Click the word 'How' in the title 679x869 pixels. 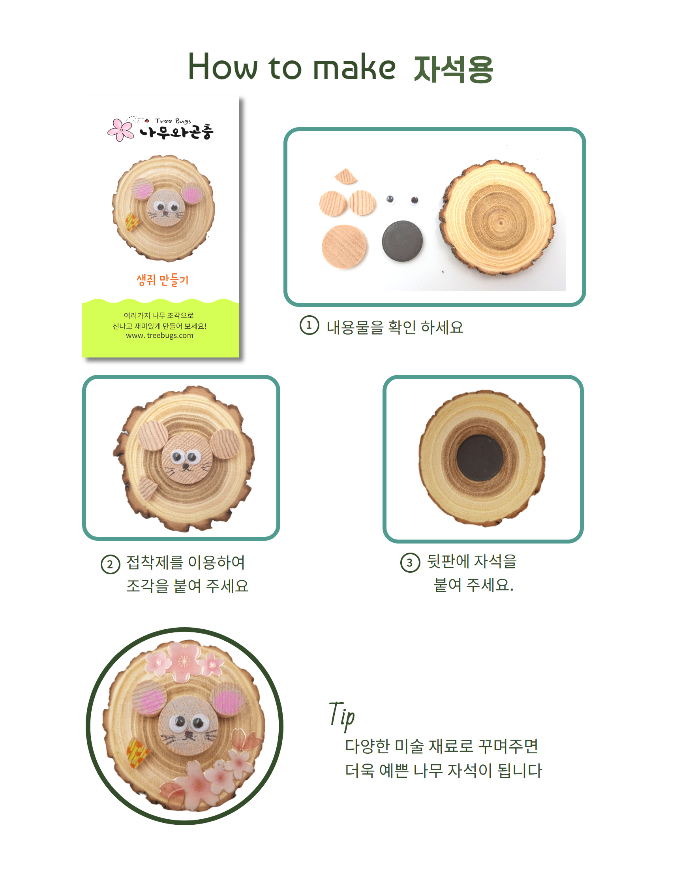coord(223,66)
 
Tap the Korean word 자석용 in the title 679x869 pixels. coord(454,69)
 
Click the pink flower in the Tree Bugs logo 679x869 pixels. coord(120,130)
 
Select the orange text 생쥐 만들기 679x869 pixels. coord(162,280)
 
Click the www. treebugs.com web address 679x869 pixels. coord(159,335)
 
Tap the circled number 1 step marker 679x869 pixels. coord(309,325)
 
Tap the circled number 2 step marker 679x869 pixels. coord(110,564)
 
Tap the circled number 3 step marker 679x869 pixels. coord(410,562)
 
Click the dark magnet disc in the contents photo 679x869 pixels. coord(402,241)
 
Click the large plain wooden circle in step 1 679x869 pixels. coord(345,247)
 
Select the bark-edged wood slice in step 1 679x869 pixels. coord(498,217)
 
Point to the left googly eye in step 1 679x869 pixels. coord(390,200)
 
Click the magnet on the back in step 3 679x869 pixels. coord(480,458)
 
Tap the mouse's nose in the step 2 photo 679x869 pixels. coord(186,466)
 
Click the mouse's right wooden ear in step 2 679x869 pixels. coord(225,444)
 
